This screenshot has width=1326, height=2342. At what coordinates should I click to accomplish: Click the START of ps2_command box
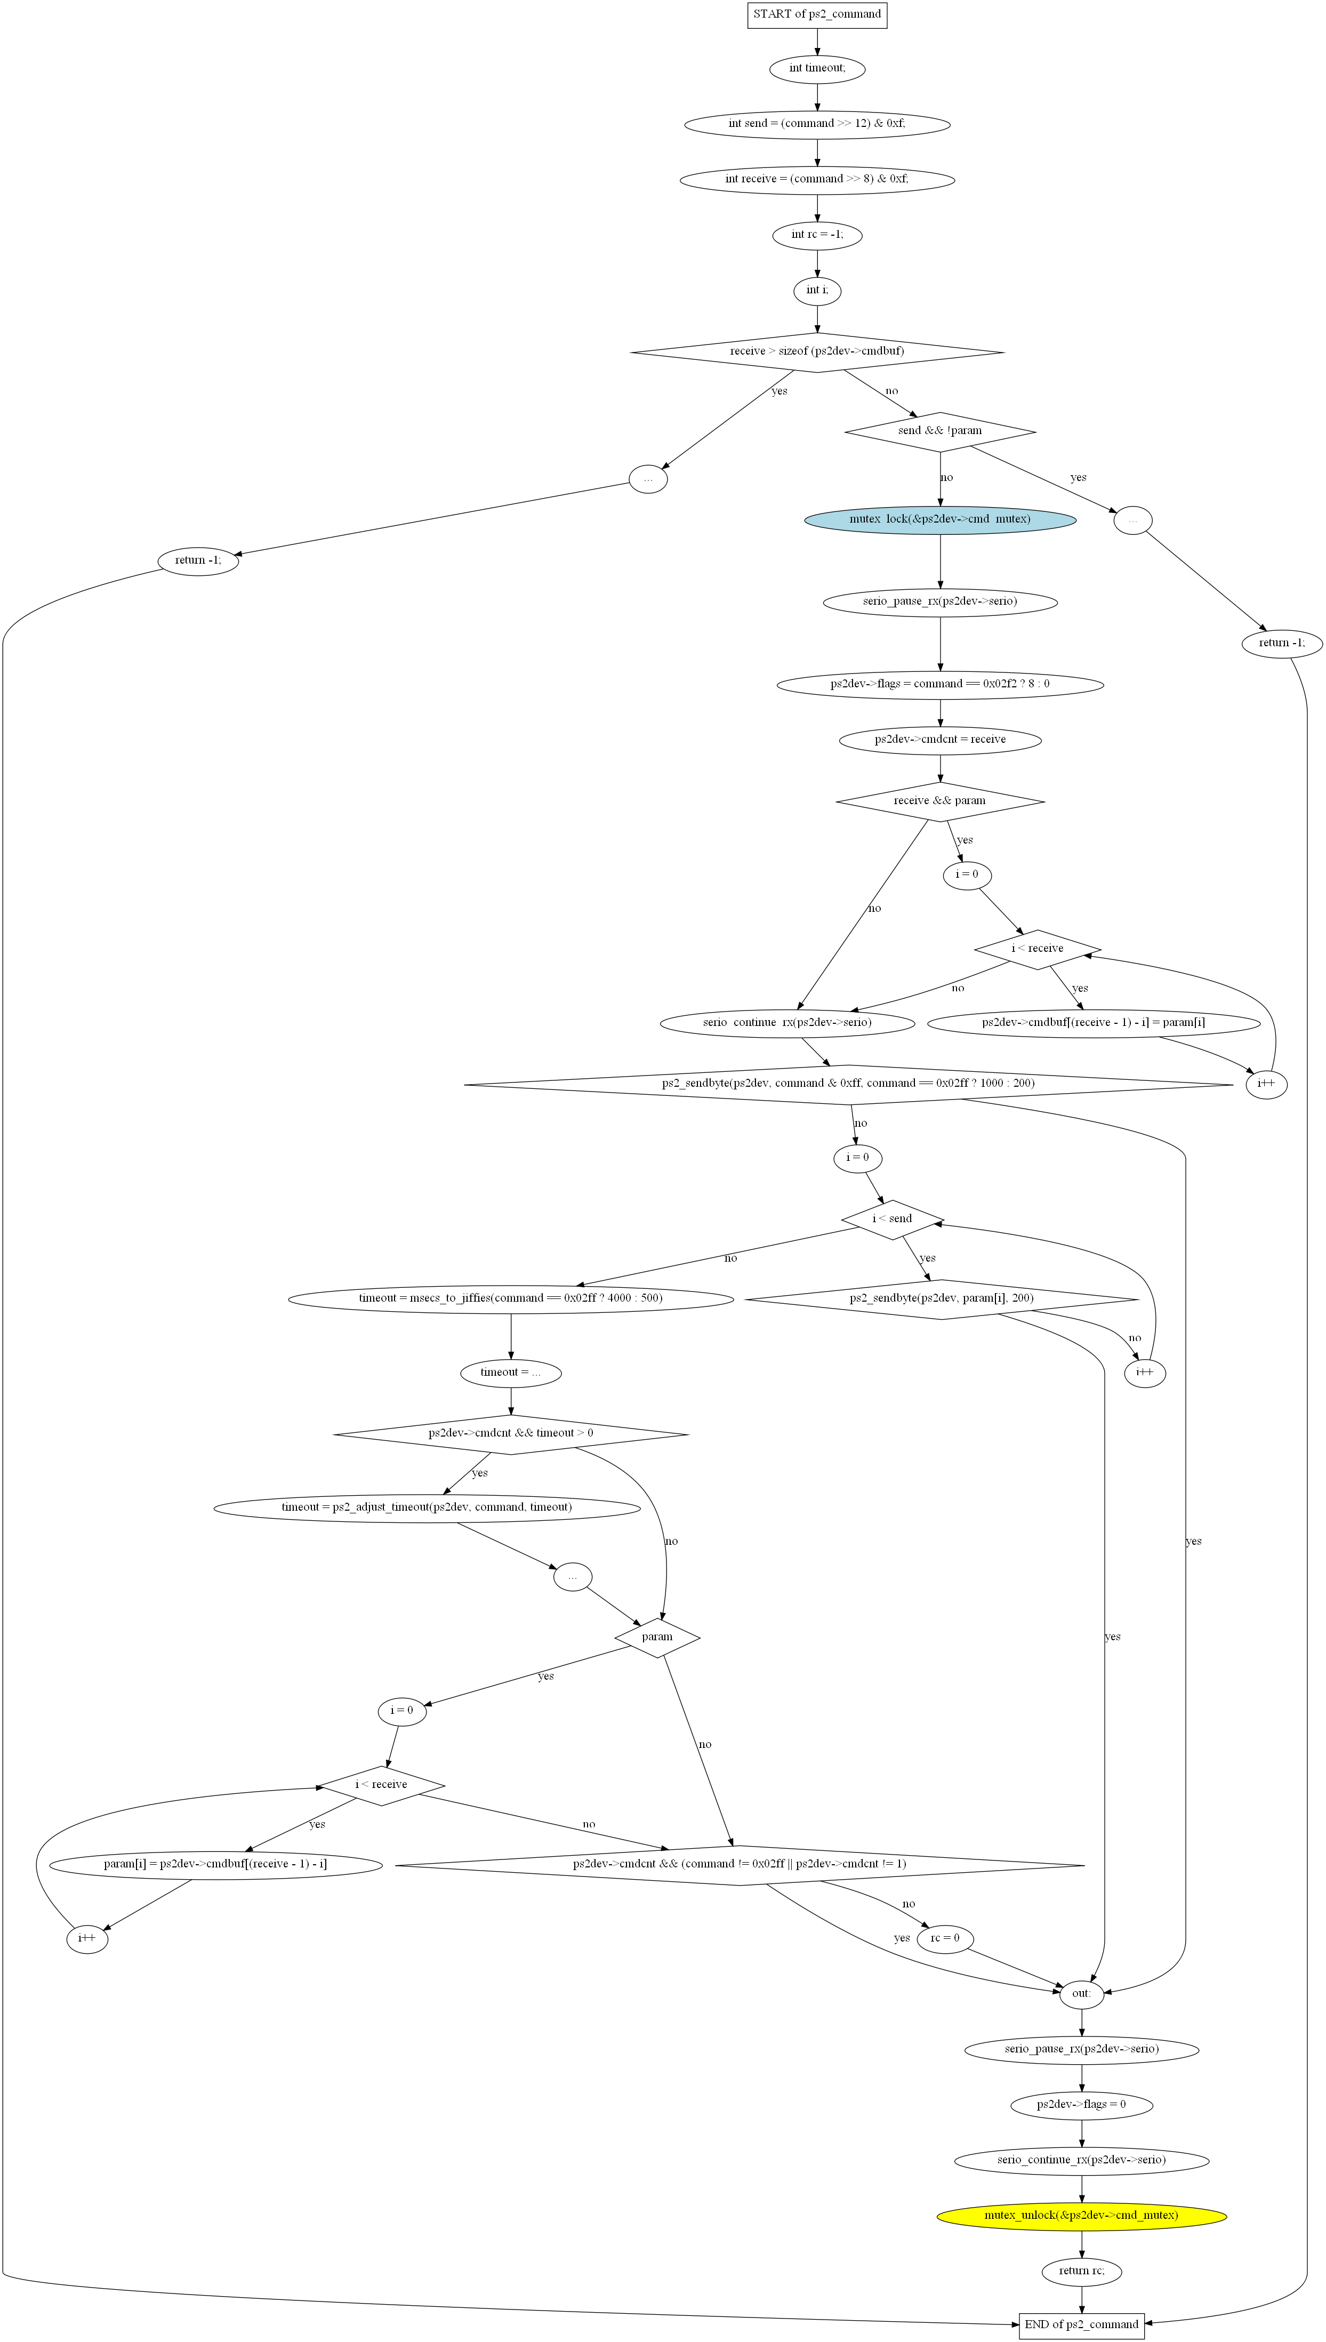[817, 14]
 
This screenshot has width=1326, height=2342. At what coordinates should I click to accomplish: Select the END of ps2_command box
[1081, 2324]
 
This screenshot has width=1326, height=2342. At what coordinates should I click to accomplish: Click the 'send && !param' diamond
[940, 431]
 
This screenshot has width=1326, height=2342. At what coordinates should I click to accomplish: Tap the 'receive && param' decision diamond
[940, 802]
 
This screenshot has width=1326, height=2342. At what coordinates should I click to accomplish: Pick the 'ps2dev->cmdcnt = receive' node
[940, 740]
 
